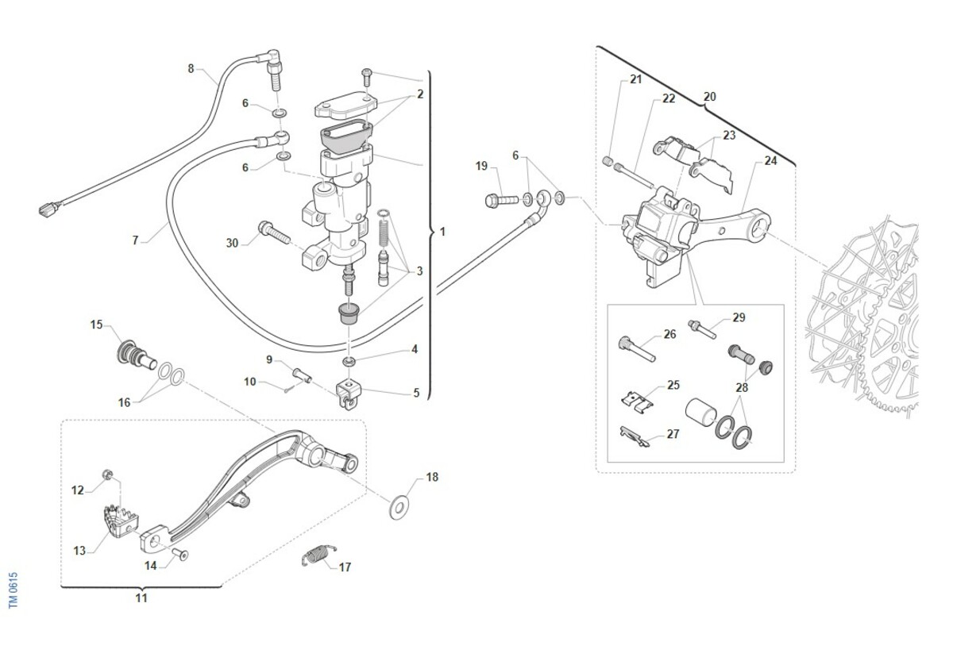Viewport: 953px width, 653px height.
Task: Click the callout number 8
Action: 191,69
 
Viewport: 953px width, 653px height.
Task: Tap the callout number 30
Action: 232,244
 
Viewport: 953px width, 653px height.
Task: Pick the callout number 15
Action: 96,325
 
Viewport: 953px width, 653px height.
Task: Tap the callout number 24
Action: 770,161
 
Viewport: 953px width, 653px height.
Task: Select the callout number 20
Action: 709,97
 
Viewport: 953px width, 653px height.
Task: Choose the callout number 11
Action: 141,598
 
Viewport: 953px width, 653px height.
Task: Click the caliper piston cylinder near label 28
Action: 699,414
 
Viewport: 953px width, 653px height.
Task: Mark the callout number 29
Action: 739,317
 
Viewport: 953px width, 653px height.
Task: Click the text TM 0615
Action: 13,591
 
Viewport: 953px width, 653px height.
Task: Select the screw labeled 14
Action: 180,555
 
